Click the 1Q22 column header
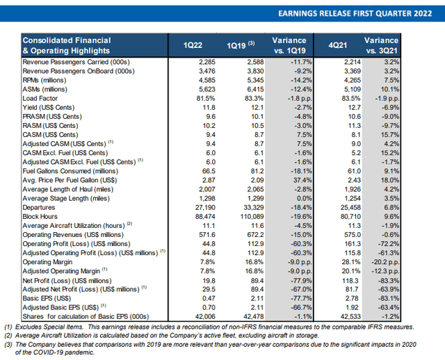pyautogui.click(x=193, y=45)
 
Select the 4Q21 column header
pyautogui.click(x=338, y=45)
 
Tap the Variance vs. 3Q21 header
pyautogui.click(x=382, y=45)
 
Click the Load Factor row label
pyautogui.click(x=40, y=99)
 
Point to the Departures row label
pyautogui.click(x=39, y=207)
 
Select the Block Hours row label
pyautogui.click(x=40, y=216)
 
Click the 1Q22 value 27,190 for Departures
pyautogui.click(x=205, y=207)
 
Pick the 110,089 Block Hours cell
pyautogui.click(x=252, y=216)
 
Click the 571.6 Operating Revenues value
pyautogui.click(x=207, y=235)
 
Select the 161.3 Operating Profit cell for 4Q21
pyautogui.click(x=353, y=244)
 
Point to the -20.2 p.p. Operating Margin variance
pyautogui.click(x=385, y=262)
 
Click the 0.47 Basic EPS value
pyautogui.click(x=209, y=298)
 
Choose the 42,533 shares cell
pyautogui.click(x=350, y=316)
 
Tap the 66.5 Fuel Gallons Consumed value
pyautogui.click(x=209, y=171)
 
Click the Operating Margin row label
pyautogui.click(x=47, y=262)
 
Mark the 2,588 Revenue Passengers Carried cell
pyautogui.click(x=255, y=62)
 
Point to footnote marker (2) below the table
pyautogui.click(x=8, y=336)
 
